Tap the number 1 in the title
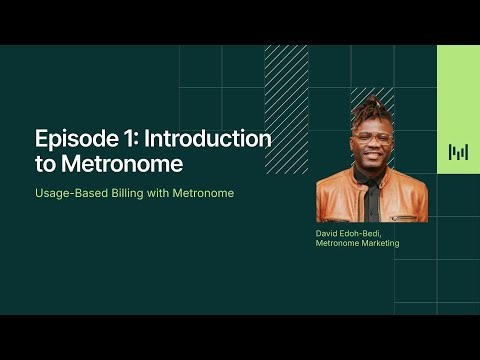pyautogui.click(x=123, y=139)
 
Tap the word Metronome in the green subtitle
pyautogui.click(x=203, y=192)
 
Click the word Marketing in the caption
pyautogui.click(x=377, y=243)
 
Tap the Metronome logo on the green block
pyautogui.click(x=458, y=152)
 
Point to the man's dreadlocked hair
pyautogui.click(x=373, y=108)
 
